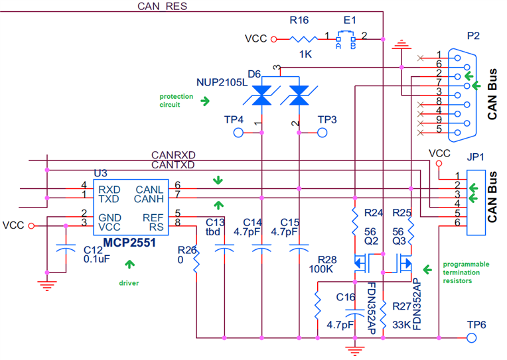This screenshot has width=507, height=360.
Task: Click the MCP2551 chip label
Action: click(x=128, y=243)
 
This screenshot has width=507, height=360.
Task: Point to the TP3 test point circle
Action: click(x=323, y=133)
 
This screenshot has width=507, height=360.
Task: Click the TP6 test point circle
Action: click(x=472, y=337)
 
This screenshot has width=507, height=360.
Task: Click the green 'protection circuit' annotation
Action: click(x=177, y=100)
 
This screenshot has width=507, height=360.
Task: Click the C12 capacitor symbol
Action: click(x=65, y=249)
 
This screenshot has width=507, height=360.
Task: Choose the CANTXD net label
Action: click(x=173, y=164)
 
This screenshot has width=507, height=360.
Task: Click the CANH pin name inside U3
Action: click(x=150, y=199)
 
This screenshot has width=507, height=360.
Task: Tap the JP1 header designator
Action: click(x=475, y=158)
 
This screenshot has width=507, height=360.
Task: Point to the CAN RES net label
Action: click(x=163, y=6)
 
